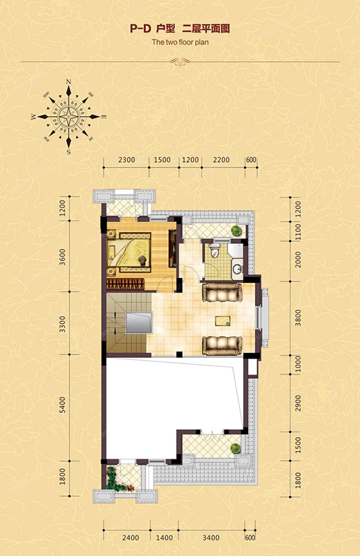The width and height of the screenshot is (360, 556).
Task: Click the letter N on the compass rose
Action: pos(69,82)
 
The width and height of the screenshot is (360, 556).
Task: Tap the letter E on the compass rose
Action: pos(104,117)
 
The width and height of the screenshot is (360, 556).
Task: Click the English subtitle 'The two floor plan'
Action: pos(180,42)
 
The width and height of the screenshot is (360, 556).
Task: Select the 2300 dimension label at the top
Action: pos(126,160)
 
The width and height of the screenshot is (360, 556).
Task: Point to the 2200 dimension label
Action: pos(221,160)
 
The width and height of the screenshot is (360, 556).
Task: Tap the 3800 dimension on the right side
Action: pos(298,318)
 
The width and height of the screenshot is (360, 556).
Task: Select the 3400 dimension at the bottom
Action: pos(211,538)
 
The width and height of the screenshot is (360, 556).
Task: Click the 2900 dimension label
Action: pos(298,404)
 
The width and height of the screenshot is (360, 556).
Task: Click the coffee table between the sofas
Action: pos(222,320)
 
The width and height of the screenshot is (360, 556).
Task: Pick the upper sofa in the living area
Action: pos(222,293)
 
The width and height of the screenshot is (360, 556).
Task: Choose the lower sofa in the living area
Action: pos(222,345)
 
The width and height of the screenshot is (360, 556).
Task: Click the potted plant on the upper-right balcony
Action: pos(236,231)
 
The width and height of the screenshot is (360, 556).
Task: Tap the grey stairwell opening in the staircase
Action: pos(139,322)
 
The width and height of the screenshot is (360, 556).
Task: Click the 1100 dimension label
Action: pos(298,231)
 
